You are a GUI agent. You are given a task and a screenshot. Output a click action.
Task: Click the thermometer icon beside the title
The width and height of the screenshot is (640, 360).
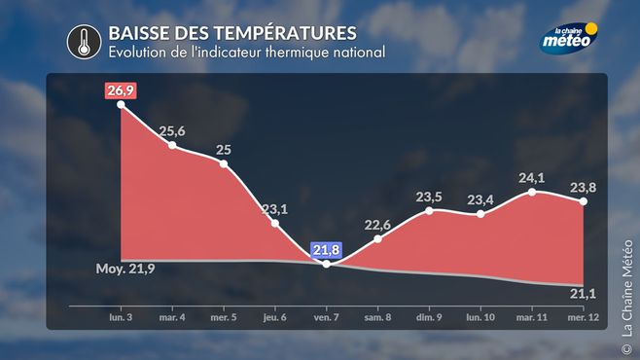84,42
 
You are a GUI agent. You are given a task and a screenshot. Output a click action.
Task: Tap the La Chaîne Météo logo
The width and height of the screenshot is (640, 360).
569,38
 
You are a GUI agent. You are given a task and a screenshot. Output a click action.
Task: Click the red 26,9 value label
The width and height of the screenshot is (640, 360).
121,90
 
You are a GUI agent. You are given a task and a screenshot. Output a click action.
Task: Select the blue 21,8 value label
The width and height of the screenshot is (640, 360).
326,250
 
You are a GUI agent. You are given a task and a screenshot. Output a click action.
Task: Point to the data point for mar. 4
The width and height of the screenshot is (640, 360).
172,145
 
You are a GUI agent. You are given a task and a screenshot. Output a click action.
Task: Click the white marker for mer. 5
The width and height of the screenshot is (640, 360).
224,164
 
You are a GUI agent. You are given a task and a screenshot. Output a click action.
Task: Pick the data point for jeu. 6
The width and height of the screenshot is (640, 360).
275,223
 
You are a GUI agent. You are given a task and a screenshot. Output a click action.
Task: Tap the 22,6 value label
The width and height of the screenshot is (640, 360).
377,225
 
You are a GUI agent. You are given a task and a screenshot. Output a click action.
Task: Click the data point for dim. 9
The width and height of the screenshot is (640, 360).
429,210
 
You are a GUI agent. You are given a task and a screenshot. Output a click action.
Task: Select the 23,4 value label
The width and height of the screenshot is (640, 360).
480,200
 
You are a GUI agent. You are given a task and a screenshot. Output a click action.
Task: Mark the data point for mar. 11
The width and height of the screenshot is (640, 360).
532,192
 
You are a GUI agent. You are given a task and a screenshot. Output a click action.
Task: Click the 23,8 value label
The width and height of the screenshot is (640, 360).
583,188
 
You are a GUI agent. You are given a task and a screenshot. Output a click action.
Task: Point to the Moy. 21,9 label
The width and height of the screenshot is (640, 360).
125,269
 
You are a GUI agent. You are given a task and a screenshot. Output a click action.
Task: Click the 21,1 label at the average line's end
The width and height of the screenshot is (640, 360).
583,294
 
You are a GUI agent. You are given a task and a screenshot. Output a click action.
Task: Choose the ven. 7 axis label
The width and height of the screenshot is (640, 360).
326,317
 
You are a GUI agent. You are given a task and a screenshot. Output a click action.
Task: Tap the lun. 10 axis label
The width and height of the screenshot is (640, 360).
480,317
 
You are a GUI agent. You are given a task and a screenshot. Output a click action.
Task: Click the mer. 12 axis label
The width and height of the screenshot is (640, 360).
584,317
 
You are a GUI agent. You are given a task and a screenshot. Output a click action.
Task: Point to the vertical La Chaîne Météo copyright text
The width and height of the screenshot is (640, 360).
627,297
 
